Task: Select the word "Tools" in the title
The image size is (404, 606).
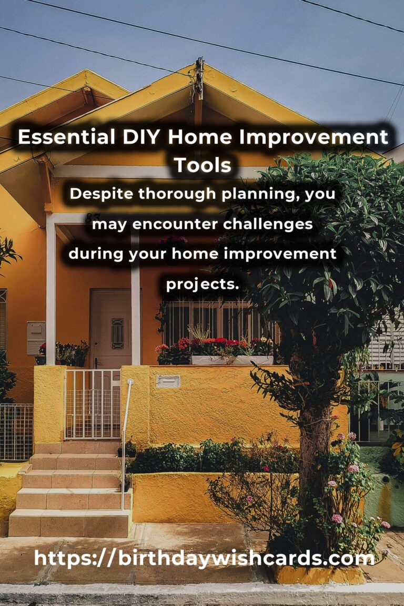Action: [203, 165]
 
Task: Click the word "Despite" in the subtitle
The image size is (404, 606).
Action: [100, 194]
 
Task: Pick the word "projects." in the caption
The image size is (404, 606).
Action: [203, 284]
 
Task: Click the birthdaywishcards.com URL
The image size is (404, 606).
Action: [204, 558]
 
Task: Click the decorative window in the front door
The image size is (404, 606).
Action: [117, 334]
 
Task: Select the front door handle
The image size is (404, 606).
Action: [96, 362]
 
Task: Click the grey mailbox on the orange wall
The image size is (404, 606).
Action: [36, 337]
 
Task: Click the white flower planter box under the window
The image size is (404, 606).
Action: [231, 360]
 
